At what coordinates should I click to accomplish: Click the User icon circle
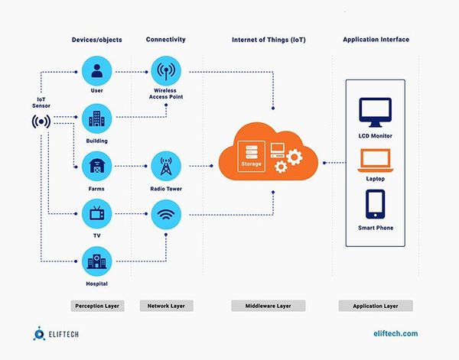(x=96, y=72)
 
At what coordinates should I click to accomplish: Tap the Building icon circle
(x=96, y=119)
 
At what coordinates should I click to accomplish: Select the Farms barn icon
(x=96, y=166)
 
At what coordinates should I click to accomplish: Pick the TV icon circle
(x=96, y=213)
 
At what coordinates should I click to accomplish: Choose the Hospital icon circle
(x=96, y=262)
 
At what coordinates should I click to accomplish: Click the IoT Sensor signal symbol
(x=41, y=122)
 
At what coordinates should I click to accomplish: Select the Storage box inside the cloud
(x=249, y=157)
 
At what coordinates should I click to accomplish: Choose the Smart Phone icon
(x=376, y=205)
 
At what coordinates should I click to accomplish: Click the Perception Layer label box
(x=96, y=306)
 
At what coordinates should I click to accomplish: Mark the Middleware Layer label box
(x=268, y=306)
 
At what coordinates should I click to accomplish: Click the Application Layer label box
(x=376, y=306)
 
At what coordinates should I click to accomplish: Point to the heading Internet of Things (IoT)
(x=268, y=39)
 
